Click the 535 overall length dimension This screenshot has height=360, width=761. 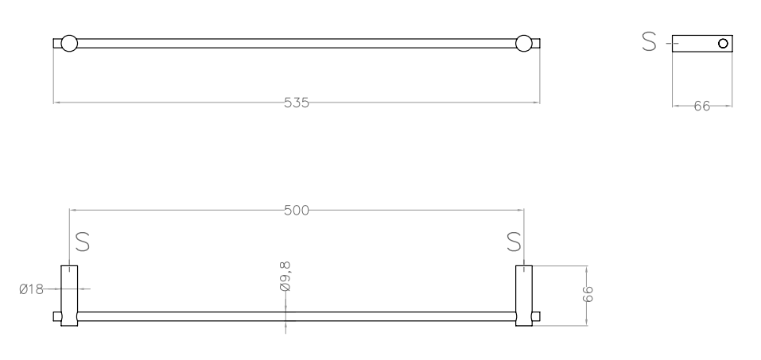tap(296, 103)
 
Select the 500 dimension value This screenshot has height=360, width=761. tap(296, 211)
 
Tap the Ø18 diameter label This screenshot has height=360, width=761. tap(32, 289)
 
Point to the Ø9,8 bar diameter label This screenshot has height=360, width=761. tap(285, 276)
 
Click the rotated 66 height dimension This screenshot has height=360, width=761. tap(588, 294)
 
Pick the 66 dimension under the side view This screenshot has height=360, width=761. tap(702, 106)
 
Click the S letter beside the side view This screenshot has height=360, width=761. tap(649, 42)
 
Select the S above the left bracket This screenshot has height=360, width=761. tap(83, 242)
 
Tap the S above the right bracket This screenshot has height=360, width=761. tap(514, 242)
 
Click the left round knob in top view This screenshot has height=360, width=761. tap(69, 43)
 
